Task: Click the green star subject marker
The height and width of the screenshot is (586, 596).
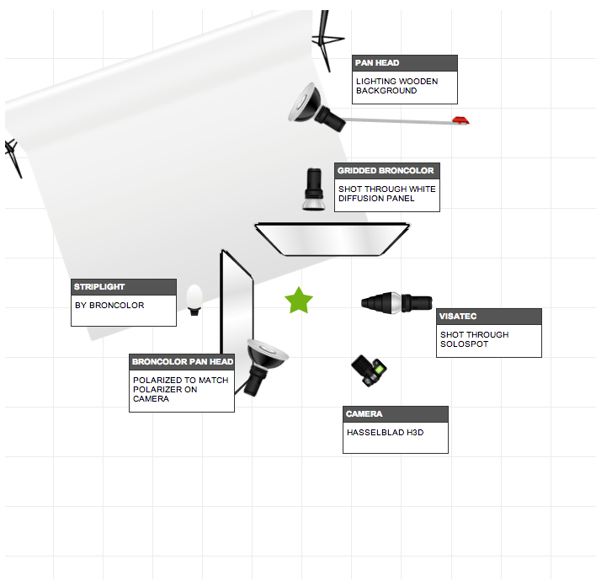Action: pos(299,301)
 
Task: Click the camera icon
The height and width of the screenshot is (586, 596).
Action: pos(369,370)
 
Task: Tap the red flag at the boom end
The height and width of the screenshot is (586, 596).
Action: pos(460,120)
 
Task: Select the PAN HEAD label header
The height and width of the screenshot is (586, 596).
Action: pos(405,63)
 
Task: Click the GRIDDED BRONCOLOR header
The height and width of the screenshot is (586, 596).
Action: pos(387,171)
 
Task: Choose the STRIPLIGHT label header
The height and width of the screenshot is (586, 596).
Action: pos(124,287)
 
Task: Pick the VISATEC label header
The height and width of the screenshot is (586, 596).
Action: pos(489,317)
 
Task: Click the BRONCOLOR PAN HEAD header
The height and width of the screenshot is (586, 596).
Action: pos(182,362)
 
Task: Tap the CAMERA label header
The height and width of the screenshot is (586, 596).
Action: pos(396,414)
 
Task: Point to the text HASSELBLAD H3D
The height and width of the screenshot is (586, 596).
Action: pos(385,433)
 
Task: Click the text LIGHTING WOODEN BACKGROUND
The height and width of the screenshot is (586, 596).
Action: pos(396,86)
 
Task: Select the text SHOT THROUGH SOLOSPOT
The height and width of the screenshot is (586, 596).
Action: pos(475,339)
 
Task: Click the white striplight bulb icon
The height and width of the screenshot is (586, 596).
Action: pos(194,300)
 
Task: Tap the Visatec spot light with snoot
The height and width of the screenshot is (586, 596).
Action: pos(396,303)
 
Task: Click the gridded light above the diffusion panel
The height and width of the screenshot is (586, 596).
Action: pos(314,189)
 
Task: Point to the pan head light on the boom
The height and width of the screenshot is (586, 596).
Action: pos(317,108)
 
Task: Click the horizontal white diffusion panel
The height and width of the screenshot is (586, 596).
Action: pos(332,239)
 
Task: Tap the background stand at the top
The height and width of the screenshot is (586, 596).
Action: pos(326,40)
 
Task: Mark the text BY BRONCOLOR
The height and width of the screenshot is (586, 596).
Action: pos(109,306)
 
